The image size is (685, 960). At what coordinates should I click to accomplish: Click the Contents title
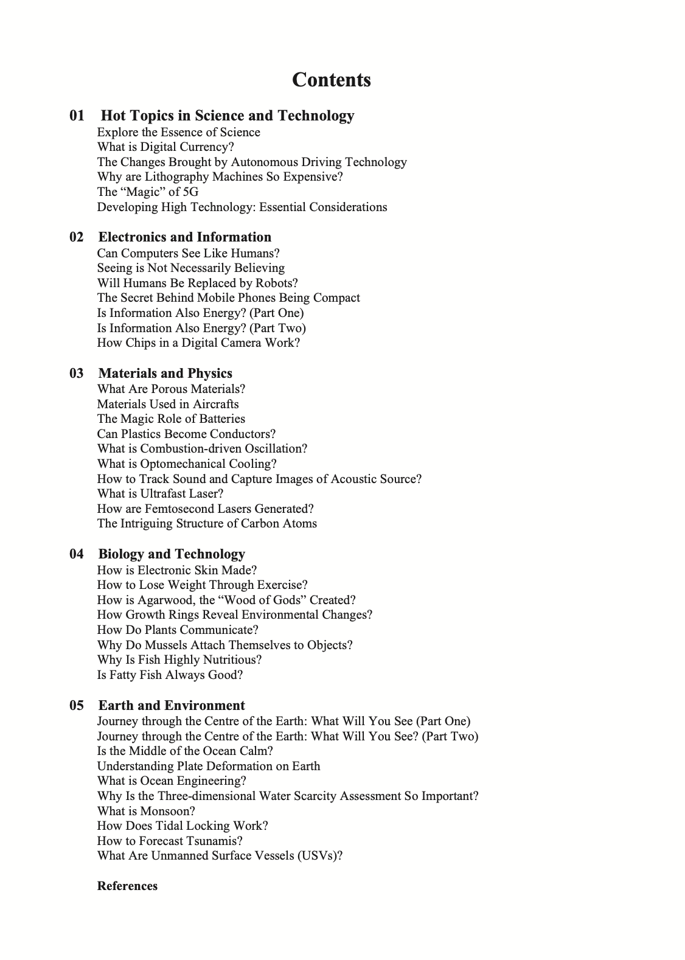coord(331,80)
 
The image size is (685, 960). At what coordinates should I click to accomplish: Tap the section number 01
coord(77,116)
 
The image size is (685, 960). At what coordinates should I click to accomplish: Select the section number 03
coord(77,373)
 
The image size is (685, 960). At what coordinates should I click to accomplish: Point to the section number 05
coord(77,705)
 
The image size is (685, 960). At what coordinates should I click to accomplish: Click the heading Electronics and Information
coord(185,237)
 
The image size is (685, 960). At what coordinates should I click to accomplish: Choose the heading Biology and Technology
coord(172,554)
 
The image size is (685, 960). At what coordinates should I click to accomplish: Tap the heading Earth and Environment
coord(172,705)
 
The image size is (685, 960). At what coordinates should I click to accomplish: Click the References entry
coord(127,886)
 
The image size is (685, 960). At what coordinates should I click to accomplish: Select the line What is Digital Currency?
coord(165,147)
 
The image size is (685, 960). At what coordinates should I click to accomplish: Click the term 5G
coord(190,192)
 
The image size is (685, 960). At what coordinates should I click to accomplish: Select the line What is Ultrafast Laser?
coord(160,493)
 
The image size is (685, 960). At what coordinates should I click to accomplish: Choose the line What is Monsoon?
coord(146,811)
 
